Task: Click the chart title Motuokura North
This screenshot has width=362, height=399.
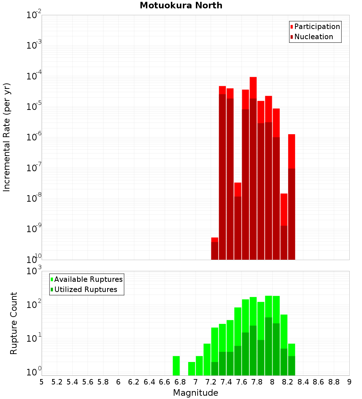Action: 181,5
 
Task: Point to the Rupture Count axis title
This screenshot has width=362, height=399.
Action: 14,323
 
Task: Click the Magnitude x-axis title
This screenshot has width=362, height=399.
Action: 195,393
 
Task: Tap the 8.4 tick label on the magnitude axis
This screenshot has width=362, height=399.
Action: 303,382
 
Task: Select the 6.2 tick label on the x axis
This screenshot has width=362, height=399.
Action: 134,382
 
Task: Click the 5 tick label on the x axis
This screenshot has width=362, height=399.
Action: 42,382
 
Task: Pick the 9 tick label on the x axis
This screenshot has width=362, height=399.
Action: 349,382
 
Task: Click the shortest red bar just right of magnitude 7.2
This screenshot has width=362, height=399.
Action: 215,248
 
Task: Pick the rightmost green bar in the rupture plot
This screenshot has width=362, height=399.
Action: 291,359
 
